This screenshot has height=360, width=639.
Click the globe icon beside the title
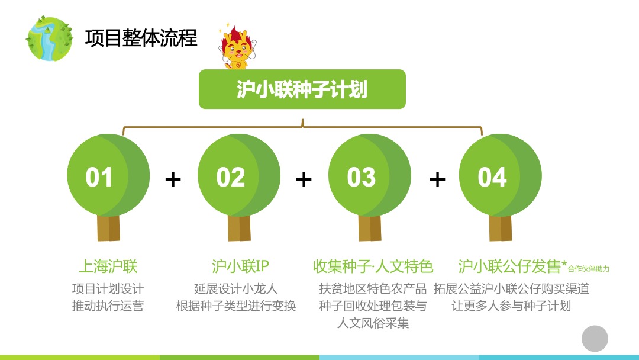pos(50,38)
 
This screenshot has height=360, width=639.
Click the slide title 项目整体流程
pos(141,38)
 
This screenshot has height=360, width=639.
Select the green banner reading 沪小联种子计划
pos(302,89)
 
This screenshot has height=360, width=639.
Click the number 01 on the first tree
pos(99,178)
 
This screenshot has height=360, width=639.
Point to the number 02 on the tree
pos(231,178)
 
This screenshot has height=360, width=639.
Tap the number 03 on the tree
pos(362,178)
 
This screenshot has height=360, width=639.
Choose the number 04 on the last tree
pos(492,178)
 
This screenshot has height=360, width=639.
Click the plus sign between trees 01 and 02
pos(173,179)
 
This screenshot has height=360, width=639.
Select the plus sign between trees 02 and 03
pos(304,179)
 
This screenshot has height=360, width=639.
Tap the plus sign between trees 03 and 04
pos(437,179)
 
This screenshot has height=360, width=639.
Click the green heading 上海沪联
pos(108,266)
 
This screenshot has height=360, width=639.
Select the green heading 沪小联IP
pos(240,266)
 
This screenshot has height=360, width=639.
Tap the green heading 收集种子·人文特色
pos(373,266)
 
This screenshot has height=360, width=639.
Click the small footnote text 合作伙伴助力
pos(589,269)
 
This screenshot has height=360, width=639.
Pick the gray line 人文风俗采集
pos(373,323)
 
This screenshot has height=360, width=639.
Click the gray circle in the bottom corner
pos(595,339)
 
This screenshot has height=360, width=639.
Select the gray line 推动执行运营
pos(108,306)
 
